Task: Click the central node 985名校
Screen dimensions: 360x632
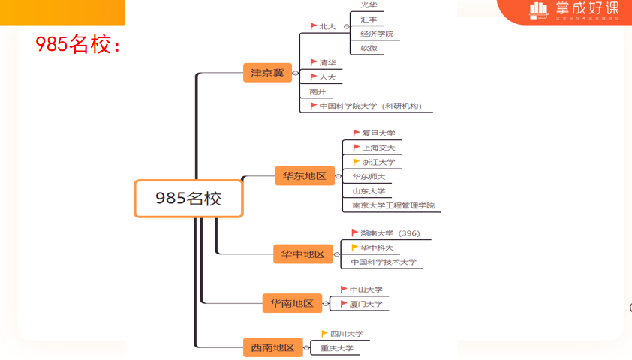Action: (188, 198)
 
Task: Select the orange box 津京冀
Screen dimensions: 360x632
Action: (267, 73)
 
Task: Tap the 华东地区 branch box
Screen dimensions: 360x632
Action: (304, 176)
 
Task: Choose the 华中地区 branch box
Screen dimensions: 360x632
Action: (302, 254)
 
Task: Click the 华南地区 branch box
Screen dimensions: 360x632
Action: (292, 303)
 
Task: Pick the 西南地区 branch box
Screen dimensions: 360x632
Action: (273, 347)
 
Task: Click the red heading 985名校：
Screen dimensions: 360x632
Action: (78, 45)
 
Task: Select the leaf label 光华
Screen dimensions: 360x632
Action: (369, 5)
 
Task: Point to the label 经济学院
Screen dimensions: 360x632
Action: (377, 34)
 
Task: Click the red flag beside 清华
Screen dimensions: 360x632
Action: (314, 62)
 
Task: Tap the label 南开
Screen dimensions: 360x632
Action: (318, 91)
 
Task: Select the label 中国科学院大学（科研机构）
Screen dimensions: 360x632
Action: (371, 106)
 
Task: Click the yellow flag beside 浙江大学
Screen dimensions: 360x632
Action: (357, 162)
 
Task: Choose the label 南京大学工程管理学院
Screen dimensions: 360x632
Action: (393, 205)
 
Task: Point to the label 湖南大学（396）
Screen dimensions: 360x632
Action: (390, 233)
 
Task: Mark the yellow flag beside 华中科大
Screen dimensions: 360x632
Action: (355, 247)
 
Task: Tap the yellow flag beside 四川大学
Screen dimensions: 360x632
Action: (325, 334)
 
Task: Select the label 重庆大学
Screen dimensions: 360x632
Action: (336, 348)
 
